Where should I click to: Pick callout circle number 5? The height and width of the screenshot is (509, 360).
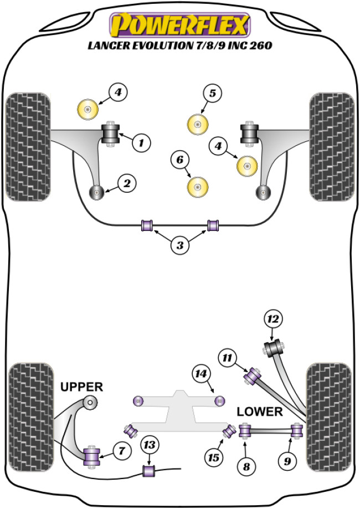click(x=212, y=94)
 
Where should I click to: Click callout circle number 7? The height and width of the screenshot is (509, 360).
click(x=122, y=451)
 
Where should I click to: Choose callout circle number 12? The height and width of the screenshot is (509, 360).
click(x=273, y=319)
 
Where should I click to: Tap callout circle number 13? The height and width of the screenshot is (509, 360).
click(x=149, y=444)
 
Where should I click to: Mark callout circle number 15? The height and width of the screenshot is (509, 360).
click(x=213, y=458)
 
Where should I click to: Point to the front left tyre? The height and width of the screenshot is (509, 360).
click(x=28, y=143)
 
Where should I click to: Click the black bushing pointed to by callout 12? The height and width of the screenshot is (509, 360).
click(x=273, y=349)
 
